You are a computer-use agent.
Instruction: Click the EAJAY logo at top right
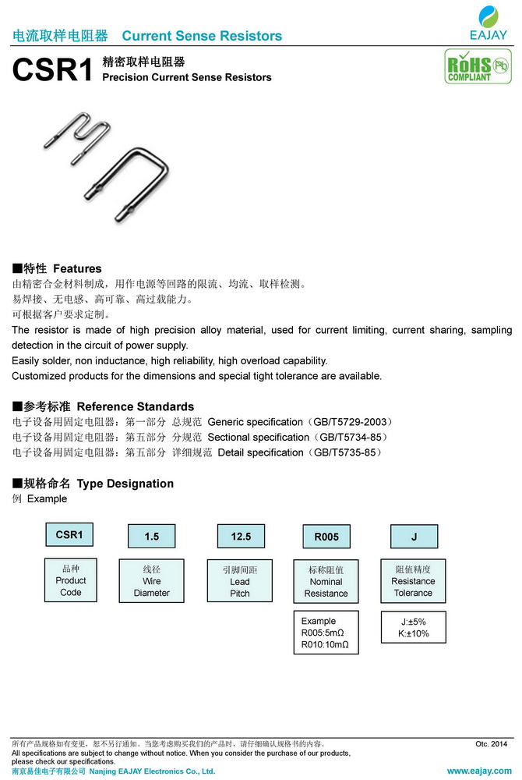pos(488,23)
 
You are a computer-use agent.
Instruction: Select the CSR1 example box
pos(69,535)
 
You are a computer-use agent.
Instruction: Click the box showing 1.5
pos(151,537)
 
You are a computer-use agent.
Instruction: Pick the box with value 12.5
pos(241,537)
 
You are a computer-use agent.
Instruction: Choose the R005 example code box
pos(326,537)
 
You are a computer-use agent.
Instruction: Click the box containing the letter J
pos(414,537)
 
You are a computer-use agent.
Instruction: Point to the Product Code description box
pos(71,580)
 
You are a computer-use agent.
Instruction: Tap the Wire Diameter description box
pos(151,581)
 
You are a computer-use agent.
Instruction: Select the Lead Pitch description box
pos(240,581)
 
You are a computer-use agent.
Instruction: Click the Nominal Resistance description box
pos(326,582)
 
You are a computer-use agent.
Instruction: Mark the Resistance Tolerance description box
pos(413,581)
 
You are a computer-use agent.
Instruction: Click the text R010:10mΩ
pos(324,645)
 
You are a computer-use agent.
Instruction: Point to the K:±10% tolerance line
pos(413,634)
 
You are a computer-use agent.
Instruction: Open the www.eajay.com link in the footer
pos(478,771)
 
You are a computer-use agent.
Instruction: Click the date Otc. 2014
pos(491,744)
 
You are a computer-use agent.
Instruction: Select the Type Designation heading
pos(125,484)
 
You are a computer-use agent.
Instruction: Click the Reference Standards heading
pos(136,406)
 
